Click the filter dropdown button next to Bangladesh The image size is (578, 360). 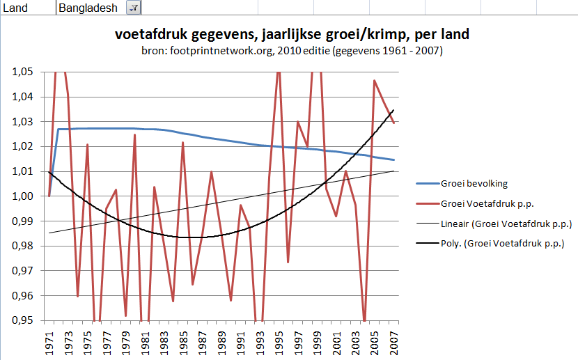click(133, 8)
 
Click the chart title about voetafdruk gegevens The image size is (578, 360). click(291, 35)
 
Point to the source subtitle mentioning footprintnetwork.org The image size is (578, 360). click(291, 51)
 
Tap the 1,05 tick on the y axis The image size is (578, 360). click(24, 72)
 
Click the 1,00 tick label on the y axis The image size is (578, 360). click(24, 196)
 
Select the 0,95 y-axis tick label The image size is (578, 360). click(24, 320)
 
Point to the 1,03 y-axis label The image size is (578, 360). click(24, 122)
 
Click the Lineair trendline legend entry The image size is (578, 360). click(506, 224)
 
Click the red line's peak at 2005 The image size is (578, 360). click(375, 81)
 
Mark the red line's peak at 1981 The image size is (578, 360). click(135, 135)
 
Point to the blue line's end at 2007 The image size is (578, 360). click(394, 160)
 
